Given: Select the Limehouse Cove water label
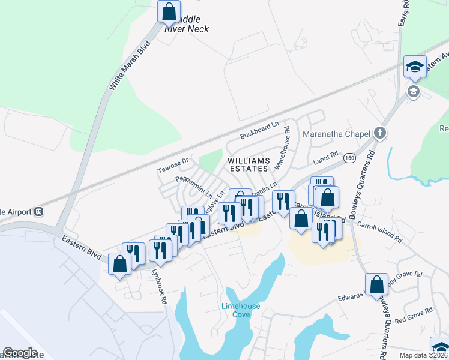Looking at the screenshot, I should click(x=241, y=310).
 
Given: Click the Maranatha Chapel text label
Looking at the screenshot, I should click(x=335, y=133).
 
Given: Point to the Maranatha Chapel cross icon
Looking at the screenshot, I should click(x=379, y=133).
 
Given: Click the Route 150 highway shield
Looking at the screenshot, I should click(x=348, y=158).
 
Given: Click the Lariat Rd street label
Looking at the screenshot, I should click(x=326, y=158).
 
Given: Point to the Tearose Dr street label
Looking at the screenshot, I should click(x=173, y=165).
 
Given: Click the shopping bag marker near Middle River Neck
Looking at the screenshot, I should click(x=169, y=11).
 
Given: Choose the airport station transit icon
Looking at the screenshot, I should click(x=40, y=211).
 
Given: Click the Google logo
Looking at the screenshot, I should click(x=20, y=353).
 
